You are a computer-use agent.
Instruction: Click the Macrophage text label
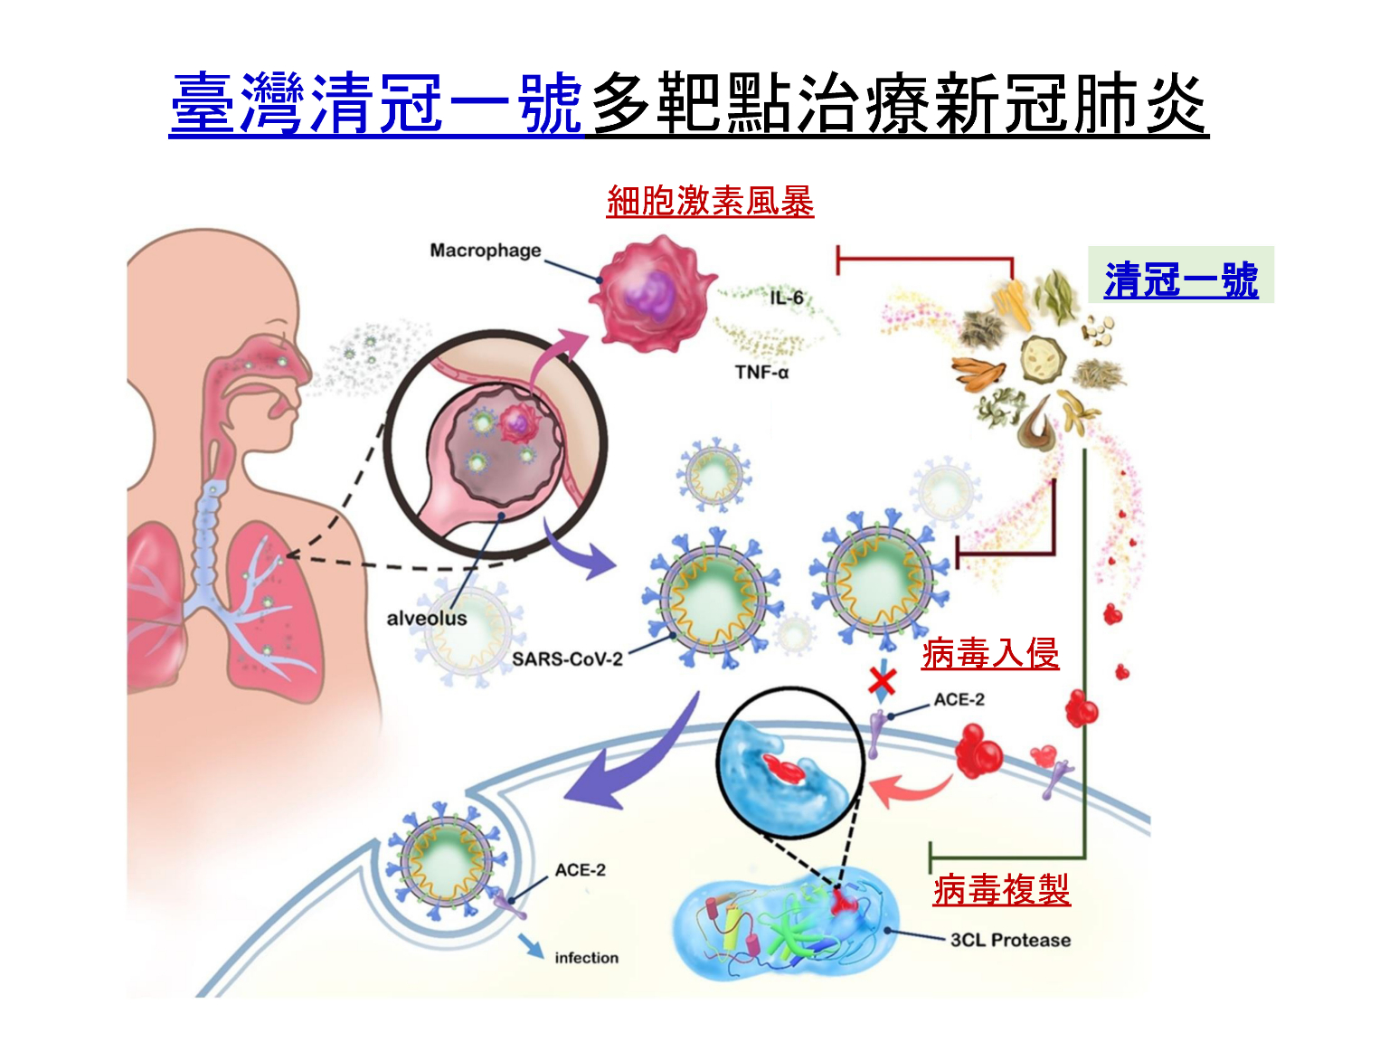pyautogui.click(x=486, y=251)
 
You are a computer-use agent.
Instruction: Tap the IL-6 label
pyautogui.click(x=787, y=298)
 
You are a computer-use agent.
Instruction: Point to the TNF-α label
pyautogui.click(x=761, y=372)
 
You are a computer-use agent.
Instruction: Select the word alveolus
pyautogui.click(x=427, y=619)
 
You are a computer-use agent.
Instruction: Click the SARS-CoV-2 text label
pyautogui.click(x=567, y=658)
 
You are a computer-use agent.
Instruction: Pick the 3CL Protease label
pyautogui.click(x=1010, y=940)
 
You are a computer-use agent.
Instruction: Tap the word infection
pyautogui.click(x=586, y=958)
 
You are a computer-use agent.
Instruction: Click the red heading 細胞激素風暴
pyautogui.click(x=710, y=201)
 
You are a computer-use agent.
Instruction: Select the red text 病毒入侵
pyautogui.click(x=990, y=653)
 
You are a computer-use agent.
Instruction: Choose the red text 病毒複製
pyautogui.click(x=1001, y=890)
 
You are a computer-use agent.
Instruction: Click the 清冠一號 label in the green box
pyautogui.click(x=1181, y=279)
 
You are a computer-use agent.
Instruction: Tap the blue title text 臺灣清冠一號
pyautogui.click(x=376, y=104)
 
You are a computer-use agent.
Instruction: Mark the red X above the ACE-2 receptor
pyautogui.click(x=882, y=680)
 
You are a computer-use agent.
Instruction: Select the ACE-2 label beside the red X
pyautogui.click(x=959, y=700)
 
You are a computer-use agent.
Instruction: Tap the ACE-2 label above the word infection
pyautogui.click(x=580, y=870)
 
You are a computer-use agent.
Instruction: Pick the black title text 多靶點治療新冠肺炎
pyautogui.click(x=898, y=104)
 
